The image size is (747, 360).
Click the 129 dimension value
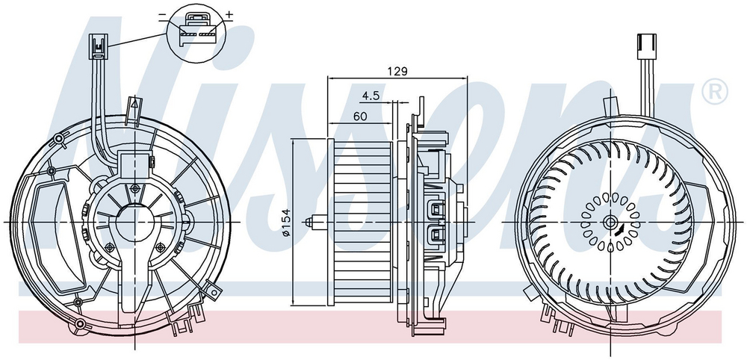coord(398,72)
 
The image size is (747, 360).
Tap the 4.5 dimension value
coord(371,96)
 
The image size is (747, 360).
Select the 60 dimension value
coord(360,117)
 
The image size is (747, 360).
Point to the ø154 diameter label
coord(286,223)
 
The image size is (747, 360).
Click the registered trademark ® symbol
coord(715,92)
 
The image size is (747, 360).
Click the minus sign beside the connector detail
coord(163,15)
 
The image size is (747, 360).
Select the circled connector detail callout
coord(196,31)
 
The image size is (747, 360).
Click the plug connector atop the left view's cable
coord(98,46)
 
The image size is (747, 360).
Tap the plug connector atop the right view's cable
coord(646,46)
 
